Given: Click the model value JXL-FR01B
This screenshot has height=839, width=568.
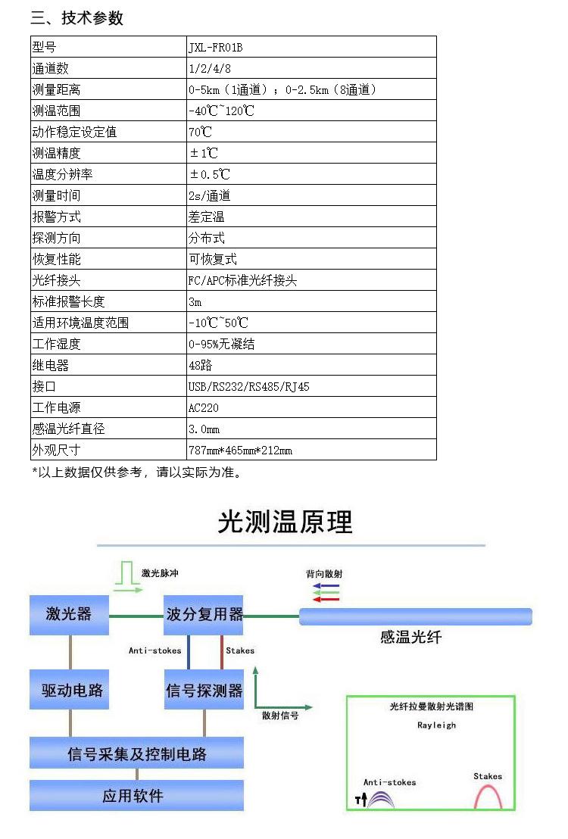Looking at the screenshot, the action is coord(216,48).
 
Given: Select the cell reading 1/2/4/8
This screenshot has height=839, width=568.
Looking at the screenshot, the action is coord(205,69).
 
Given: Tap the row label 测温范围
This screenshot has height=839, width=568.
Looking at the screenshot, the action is coord(57,111).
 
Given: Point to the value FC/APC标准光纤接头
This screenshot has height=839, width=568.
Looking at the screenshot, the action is coord(242,281).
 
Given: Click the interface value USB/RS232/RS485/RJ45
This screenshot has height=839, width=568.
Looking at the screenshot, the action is coord(248,387).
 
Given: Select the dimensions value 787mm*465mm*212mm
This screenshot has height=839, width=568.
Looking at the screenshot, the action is coord(240,451).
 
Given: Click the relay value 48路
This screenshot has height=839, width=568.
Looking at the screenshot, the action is coord(200,366).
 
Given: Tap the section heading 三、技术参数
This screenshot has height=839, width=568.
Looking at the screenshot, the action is coord(76,18).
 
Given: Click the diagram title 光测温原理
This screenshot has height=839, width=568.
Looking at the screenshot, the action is coord(285,522).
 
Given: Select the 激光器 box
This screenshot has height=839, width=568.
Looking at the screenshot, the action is coord(69,614).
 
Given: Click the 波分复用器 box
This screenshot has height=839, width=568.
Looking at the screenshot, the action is coord(204,614).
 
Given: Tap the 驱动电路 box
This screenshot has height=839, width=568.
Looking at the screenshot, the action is coord(69,690).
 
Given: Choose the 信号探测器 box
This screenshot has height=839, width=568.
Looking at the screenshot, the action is coord(204,690).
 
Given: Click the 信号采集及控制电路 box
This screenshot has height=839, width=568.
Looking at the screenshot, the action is coord(137,753).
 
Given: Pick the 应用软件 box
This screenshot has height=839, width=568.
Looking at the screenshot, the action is coord(137,796).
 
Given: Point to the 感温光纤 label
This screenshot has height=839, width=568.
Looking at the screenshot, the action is coord(410,638).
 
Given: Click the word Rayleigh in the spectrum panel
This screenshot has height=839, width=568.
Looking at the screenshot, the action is coord(437,725).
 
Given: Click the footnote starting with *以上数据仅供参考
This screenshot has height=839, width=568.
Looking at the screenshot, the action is coord(137,473).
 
